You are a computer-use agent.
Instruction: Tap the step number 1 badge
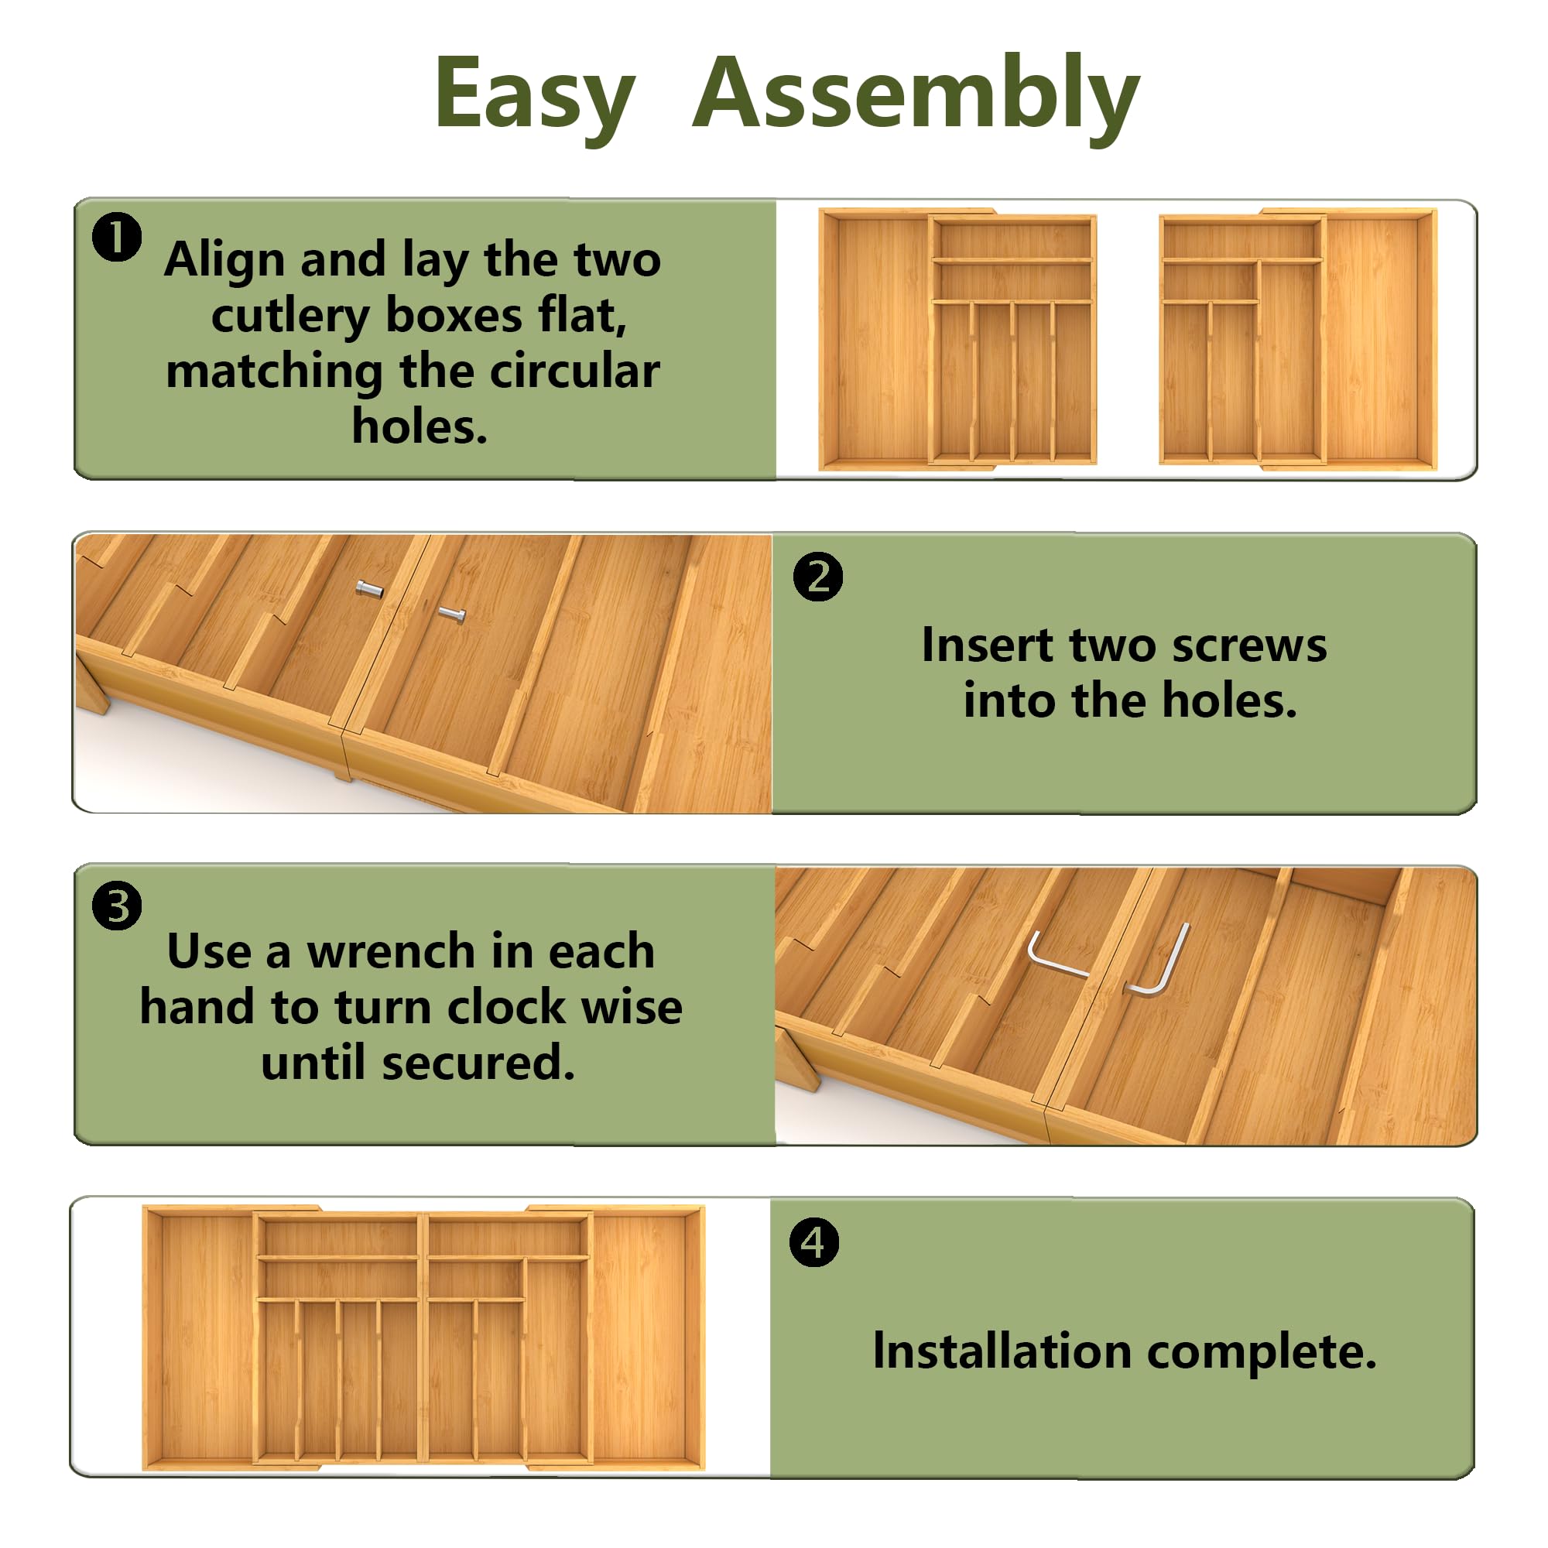click(117, 237)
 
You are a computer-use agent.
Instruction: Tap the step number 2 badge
click(818, 577)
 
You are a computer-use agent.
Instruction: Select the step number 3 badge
click(117, 906)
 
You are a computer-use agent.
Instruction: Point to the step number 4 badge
click(814, 1242)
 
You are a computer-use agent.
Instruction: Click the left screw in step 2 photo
click(369, 589)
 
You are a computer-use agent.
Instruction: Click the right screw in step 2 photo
click(452, 615)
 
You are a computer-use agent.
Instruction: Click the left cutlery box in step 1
click(957, 339)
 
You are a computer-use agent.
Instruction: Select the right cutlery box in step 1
click(1298, 339)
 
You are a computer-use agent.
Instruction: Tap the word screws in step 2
click(1249, 645)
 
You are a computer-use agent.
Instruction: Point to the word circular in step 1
click(574, 371)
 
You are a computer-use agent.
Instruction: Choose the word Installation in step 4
click(1002, 1351)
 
